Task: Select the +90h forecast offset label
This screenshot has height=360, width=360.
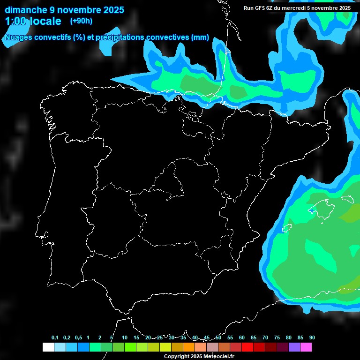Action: (82, 21)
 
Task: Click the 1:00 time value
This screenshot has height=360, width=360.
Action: (17, 21)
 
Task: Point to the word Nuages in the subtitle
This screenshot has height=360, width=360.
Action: (19, 37)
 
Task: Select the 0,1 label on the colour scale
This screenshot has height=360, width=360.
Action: (55, 337)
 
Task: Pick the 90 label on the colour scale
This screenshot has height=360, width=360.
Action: (312, 337)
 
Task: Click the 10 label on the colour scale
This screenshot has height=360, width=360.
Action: (125, 337)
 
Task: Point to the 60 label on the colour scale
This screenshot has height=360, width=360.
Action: (242, 337)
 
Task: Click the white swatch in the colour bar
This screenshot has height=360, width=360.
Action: (48, 347)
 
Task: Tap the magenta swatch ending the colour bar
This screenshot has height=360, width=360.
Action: (306, 347)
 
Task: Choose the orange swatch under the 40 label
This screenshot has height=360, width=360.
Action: (189, 347)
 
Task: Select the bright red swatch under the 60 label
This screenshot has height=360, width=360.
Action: (247, 347)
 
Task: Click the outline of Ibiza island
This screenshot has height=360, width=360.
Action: (287, 228)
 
